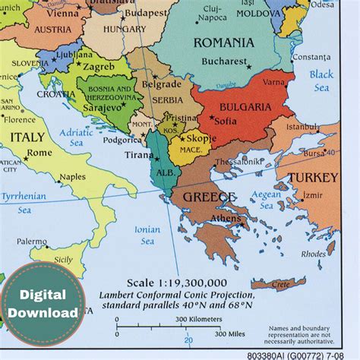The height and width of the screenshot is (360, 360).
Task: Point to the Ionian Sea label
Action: click(147, 235)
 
